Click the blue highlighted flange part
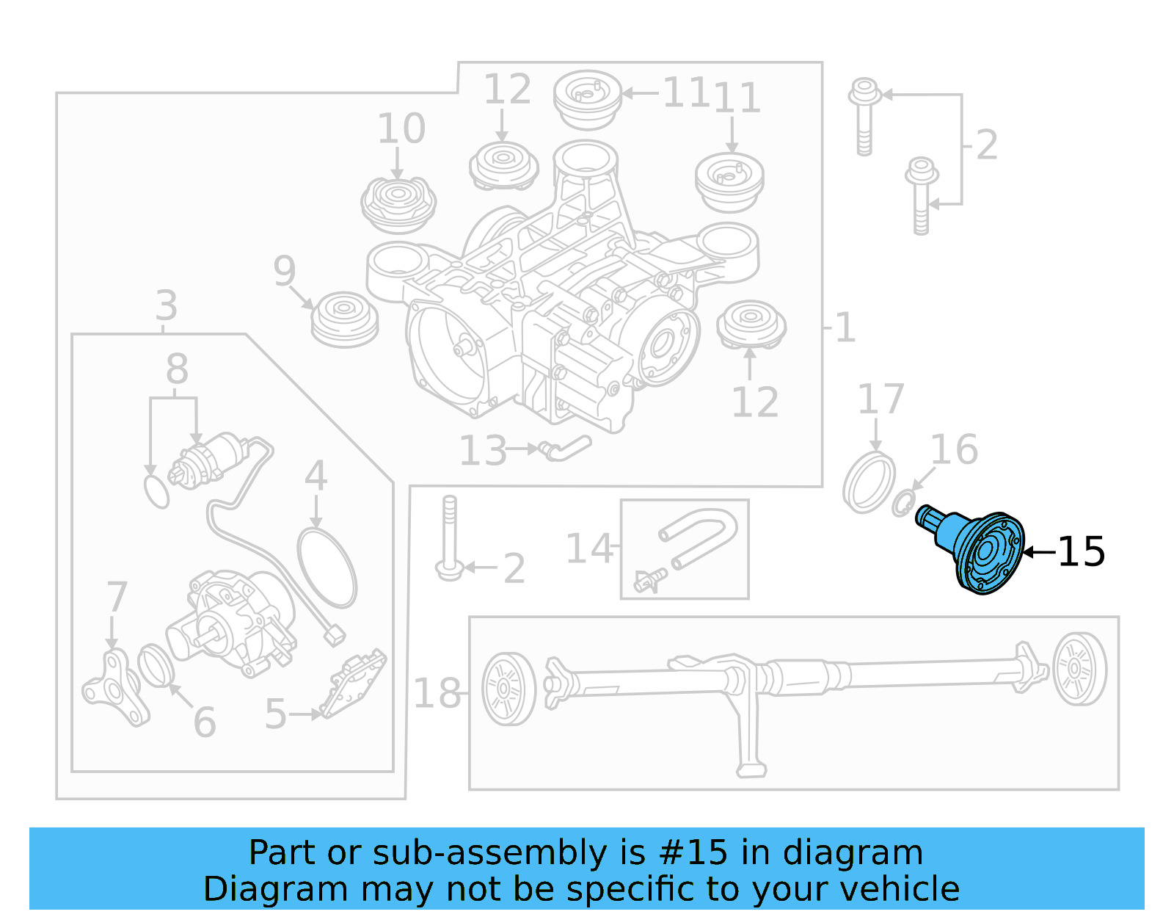point(980,551)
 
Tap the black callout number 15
point(1081,551)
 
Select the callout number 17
point(880,399)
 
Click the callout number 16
point(954,449)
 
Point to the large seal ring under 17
point(869,483)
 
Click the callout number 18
point(437,693)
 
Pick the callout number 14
point(588,549)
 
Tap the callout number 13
point(483,451)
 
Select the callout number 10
point(401,128)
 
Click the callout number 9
point(284,271)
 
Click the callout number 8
point(176,369)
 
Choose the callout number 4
point(316,476)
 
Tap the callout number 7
point(117,597)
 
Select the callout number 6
point(205,722)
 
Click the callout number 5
point(275,714)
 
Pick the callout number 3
point(166,305)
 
